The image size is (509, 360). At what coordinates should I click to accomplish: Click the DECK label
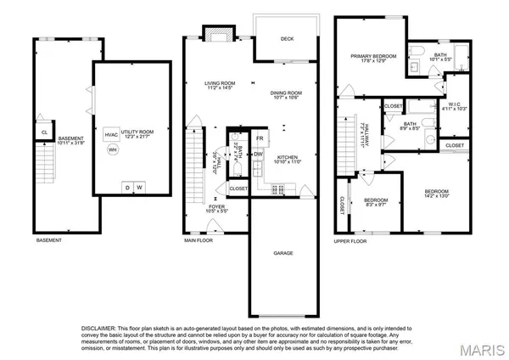(x=288, y=38)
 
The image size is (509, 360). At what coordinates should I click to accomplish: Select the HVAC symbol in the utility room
(x=111, y=134)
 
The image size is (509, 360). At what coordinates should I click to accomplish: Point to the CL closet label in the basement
(x=43, y=132)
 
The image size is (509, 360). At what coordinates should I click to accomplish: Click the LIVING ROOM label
(x=219, y=82)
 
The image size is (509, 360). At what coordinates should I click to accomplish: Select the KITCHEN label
(x=288, y=157)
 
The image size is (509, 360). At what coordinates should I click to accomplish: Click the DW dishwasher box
(x=257, y=154)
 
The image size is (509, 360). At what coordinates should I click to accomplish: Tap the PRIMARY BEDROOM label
(x=374, y=56)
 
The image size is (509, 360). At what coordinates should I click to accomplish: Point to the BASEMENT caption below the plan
(x=48, y=240)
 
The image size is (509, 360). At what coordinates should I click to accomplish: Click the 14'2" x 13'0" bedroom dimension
(x=437, y=196)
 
